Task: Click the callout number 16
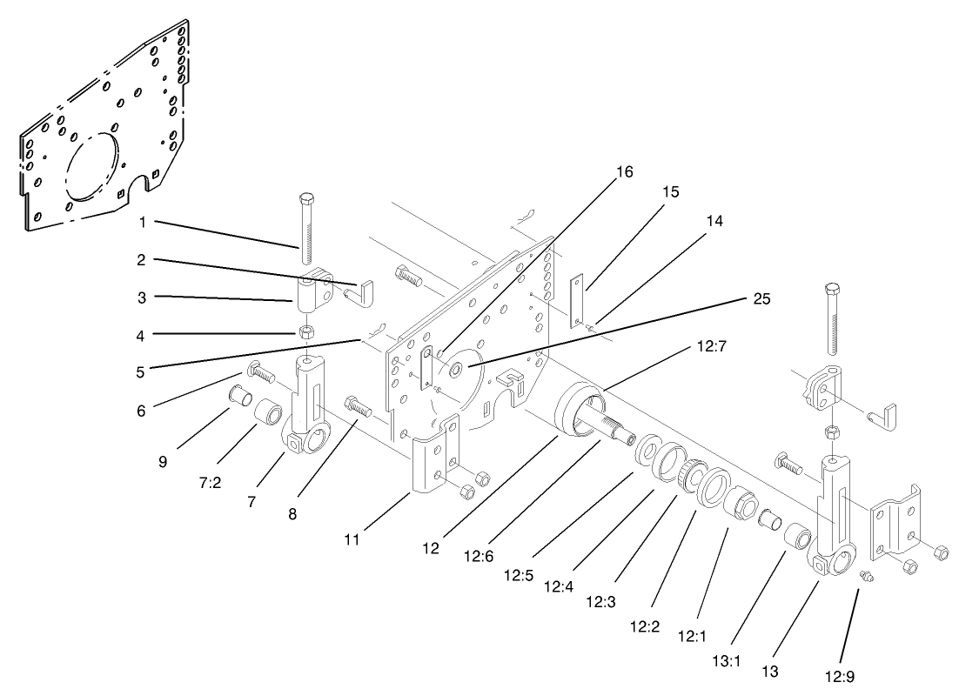point(624,171)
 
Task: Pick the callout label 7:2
point(210,483)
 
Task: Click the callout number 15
point(670,191)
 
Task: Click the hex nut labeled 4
point(305,332)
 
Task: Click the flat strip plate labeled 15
point(575,302)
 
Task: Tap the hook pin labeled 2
point(363,290)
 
